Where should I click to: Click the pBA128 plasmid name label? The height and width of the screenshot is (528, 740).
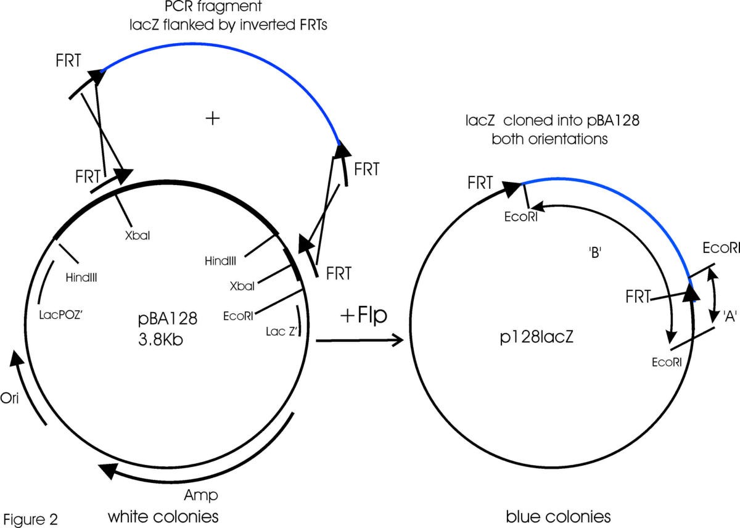click(x=167, y=318)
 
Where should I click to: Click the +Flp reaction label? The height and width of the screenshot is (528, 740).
click(x=363, y=315)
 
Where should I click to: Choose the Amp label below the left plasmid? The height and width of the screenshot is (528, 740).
click(x=201, y=495)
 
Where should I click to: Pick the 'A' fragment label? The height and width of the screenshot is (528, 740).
click(x=731, y=316)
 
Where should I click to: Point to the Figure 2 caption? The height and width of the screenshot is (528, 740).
click(x=30, y=517)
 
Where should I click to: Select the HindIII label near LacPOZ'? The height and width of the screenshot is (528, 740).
click(x=83, y=278)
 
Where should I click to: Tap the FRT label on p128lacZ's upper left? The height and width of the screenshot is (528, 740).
click(x=480, y=183)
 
